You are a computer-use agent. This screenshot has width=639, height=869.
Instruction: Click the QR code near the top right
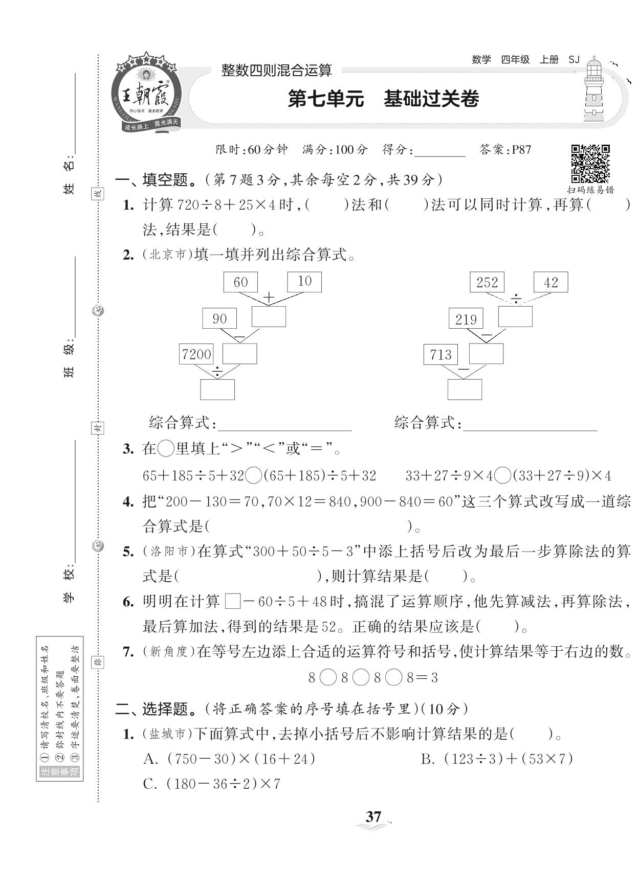590,164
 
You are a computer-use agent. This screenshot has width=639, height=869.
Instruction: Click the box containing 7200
196,354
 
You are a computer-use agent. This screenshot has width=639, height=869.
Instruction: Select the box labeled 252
487,282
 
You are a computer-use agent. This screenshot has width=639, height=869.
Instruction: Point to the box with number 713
441,354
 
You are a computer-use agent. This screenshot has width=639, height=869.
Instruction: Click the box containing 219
466,319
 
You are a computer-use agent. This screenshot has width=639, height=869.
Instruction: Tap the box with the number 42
550,282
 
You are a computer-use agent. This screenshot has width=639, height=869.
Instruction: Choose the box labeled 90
219,318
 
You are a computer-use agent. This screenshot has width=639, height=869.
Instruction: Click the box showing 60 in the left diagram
240,282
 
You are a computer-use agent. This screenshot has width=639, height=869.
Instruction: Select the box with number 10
304,281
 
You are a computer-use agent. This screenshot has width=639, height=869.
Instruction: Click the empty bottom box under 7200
217,390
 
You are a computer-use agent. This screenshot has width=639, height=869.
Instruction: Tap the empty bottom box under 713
465,390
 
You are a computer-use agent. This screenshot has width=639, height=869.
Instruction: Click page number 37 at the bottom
373,816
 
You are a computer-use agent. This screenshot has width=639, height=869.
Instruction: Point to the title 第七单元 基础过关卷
383,99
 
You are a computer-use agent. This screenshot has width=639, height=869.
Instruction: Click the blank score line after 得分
440,151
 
